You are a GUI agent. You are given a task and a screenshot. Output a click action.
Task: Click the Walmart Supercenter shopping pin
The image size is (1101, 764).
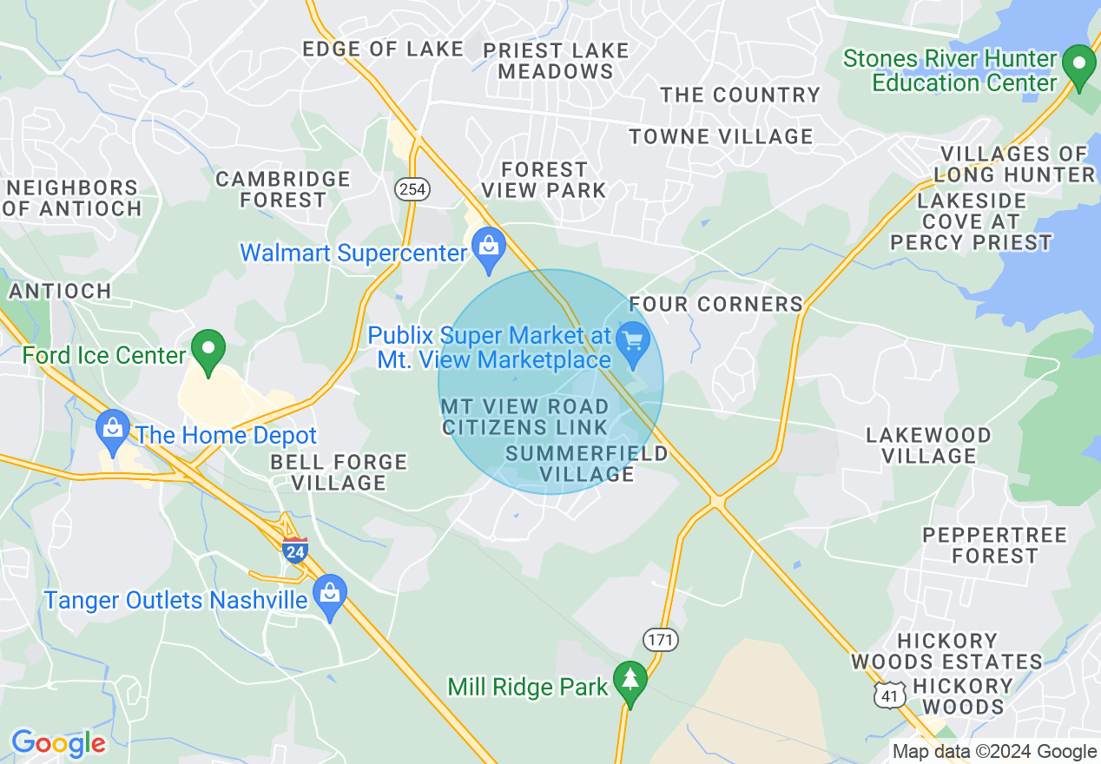[x=489, y=247]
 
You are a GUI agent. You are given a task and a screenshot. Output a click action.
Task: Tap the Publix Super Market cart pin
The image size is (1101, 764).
[x=633, y=341]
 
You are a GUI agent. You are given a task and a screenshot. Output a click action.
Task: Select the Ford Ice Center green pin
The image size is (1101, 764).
[x=208, y=350]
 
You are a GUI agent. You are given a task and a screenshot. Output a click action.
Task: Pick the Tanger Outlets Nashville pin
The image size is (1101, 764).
[x=330, y=595]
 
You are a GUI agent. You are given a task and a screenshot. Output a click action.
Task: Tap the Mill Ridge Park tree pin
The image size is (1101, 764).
[x=630, y=682]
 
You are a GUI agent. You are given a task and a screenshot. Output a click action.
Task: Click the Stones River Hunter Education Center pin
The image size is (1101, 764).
[x=1079, y=66]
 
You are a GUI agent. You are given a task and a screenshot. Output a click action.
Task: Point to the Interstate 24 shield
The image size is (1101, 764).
[x=295, y=550]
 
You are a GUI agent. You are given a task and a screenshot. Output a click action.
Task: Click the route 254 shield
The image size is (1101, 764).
[x=412, y=189]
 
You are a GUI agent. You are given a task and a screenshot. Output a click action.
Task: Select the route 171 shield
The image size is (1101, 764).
[x=661, y=641]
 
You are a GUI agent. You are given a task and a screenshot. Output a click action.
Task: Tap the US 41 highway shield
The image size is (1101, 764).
[x=892, y=695]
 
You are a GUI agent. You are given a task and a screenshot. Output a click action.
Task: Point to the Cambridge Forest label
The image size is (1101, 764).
[x=283, y=189]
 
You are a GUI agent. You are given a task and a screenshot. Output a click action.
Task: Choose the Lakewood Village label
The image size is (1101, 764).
[x=928, y=445]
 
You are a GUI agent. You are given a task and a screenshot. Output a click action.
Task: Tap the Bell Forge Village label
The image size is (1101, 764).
[x=339, y=472]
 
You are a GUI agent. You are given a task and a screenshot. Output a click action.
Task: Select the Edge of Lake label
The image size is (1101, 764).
[x=383, y=49]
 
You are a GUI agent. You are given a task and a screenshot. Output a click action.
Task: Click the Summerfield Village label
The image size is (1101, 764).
[x=587, y=464]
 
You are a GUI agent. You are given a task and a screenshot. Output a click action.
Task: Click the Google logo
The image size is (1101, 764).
[x=58, y=743]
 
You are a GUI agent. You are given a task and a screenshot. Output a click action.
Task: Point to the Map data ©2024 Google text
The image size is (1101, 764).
[x=995, y=752]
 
